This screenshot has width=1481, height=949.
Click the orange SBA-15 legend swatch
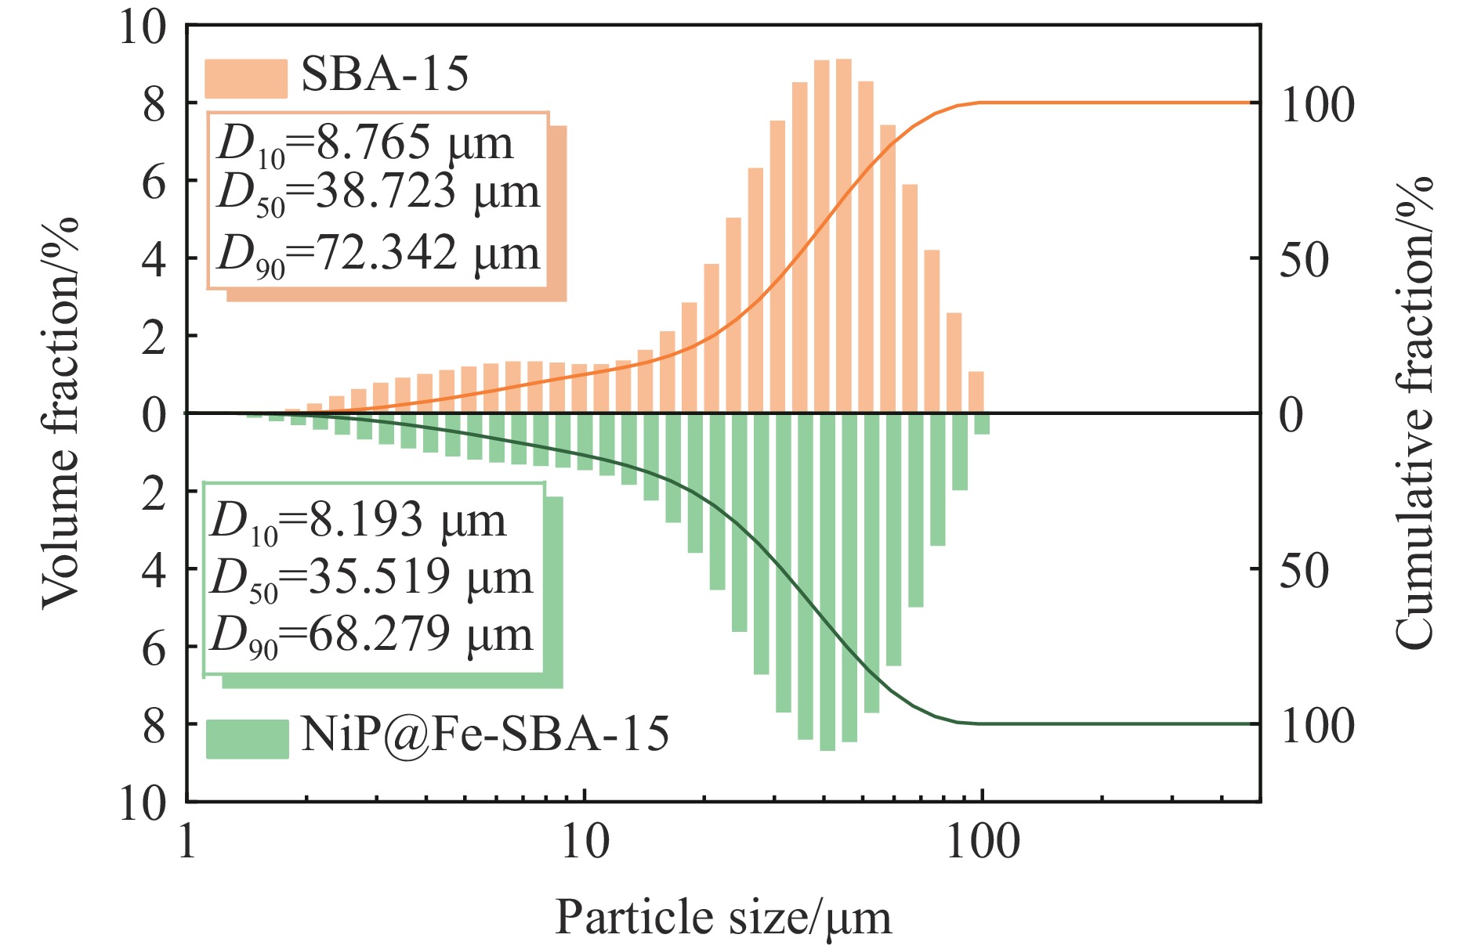click(x=245, y=78)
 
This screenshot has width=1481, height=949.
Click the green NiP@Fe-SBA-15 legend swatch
click(x=247, y=738)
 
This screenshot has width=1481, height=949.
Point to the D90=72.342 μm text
click(x=378, y=254)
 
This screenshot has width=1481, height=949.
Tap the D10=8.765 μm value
click(x=365, y=144)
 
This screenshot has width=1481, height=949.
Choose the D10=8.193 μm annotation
click(x=359, y=521)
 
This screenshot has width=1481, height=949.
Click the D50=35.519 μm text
click(x=372, y=579)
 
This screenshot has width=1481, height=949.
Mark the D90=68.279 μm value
click(x=372, y=635)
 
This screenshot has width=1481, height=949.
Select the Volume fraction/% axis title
click(x=61, y=413)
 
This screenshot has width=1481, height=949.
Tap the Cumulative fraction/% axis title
click(x=1415, y=413)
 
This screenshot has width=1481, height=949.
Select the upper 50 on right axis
click(x=1304, y=260)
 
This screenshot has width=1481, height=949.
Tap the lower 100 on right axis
click(x=1316, y=726)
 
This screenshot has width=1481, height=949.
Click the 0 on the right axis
click(x=1291, y=415)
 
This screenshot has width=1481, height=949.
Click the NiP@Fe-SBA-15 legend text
click(x=485, y=734)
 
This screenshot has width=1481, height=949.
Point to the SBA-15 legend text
click(x=385, y=75)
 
